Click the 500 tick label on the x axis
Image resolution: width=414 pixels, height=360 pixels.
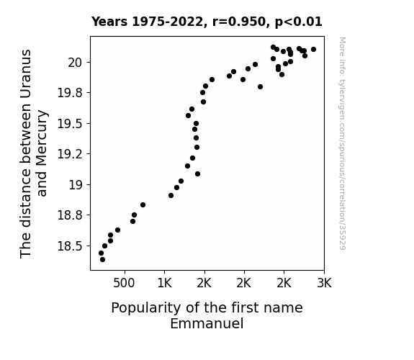coord(124,283)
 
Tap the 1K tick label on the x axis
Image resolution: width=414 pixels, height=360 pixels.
coord(164,283)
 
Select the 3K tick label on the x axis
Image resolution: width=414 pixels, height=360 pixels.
coord(324,283)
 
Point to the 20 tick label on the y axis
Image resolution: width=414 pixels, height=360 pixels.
coord(76,63)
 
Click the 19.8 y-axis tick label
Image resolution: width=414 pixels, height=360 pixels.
coord(71,93)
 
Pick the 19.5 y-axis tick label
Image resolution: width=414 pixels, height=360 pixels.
coord(71,124)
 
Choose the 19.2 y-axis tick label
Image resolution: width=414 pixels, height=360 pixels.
coord(71,154)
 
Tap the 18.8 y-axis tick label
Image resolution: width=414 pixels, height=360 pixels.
coord(71,215)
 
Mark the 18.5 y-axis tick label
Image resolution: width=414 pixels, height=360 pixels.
coord(71,246)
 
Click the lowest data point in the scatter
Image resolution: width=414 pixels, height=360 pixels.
coord(102,260)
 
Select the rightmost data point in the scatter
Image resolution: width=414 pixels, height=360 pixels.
coord(313,50)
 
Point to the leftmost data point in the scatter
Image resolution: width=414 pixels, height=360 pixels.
coord(101,253)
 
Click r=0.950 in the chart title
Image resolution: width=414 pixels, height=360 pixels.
coord(239,22)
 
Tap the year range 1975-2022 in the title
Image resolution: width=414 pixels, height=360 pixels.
coord(167,22)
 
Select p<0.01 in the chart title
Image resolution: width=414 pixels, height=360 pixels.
coord(299,22)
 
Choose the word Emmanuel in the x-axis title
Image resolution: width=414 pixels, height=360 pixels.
coord(207,323)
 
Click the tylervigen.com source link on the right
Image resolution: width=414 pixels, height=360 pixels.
coord(342,143)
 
